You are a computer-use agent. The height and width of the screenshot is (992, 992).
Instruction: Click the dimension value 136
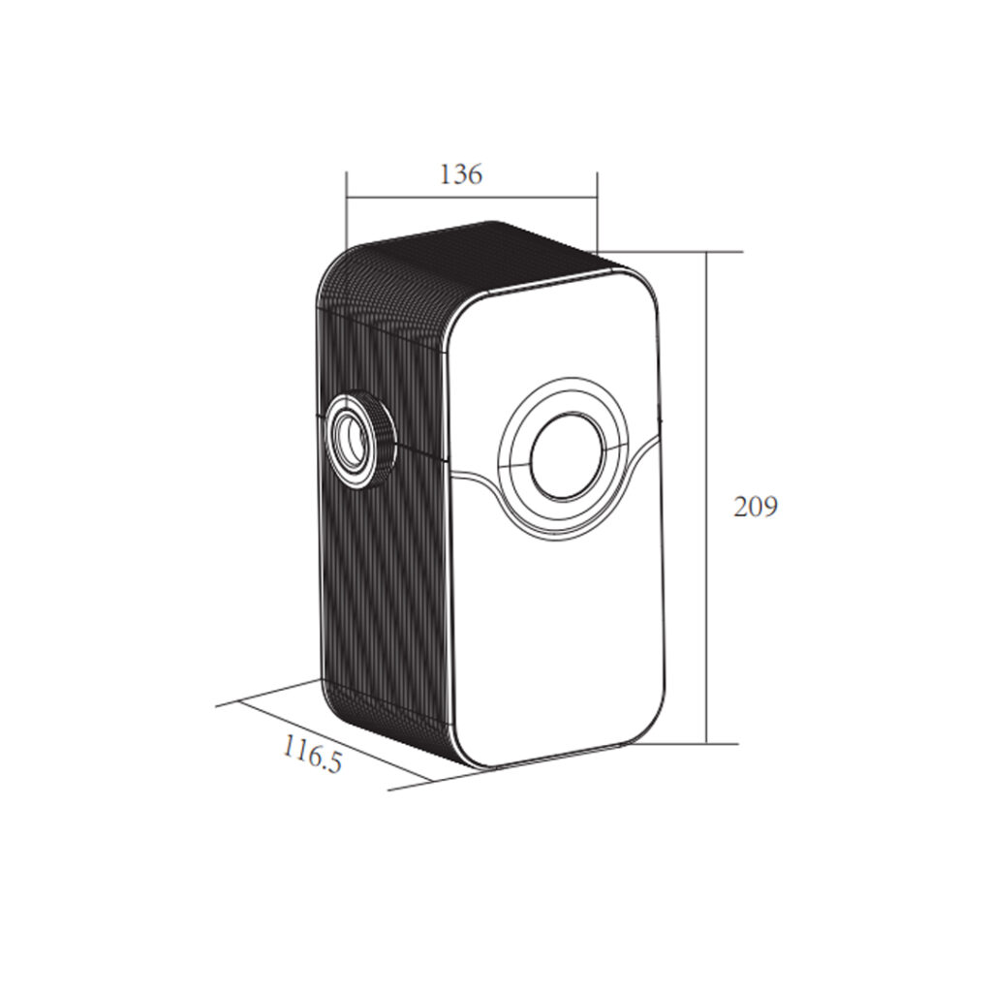coord(460,174)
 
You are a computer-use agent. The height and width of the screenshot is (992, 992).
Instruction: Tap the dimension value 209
coord(756,507)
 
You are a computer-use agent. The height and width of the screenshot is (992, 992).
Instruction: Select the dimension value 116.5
coord(312,754)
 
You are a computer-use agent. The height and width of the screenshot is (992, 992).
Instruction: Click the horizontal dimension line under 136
coord(472,197)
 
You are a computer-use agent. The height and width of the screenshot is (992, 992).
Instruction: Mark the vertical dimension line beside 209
coord(706,498)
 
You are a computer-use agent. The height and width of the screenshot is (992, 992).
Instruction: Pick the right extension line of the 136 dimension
coord(597,211)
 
